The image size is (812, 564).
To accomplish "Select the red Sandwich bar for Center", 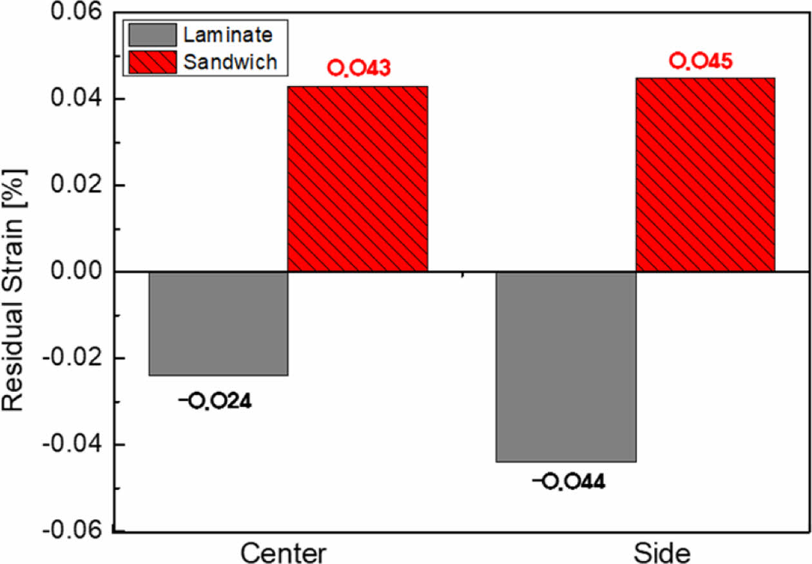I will [357, 179].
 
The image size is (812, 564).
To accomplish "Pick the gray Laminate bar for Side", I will [565, 367].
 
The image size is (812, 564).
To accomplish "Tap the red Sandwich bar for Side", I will [705, 174].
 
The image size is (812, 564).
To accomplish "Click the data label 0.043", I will [359, 68].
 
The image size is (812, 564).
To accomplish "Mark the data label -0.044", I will [568, 481].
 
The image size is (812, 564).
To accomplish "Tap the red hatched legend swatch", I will [151, 61].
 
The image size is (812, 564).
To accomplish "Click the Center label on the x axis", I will [284, 553].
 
